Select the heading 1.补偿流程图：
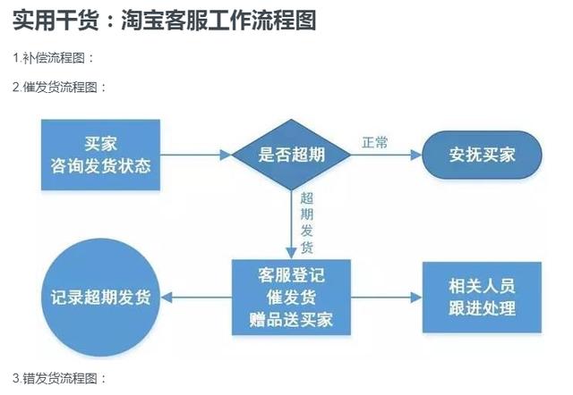click(53, 58)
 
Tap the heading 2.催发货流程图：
click(59, 88)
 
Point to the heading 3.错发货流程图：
click(59, 378)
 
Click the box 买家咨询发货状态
click(100, 155)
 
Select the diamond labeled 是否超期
click(291, 155)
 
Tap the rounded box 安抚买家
click(483, 155)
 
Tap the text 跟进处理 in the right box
click(483, 309)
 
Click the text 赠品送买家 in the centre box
click(291, 319)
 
